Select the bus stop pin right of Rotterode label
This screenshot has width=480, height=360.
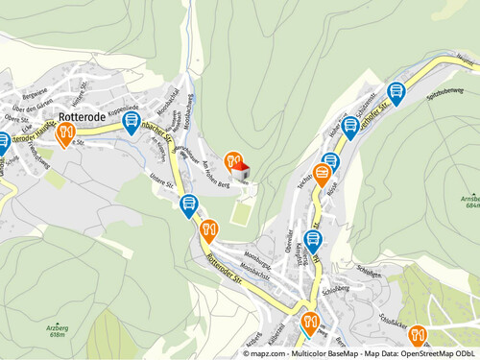click(132, 122)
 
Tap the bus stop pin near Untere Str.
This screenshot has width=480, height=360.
click(188, 204)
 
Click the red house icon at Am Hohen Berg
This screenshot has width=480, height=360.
click(242, 171)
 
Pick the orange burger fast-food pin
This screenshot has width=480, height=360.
click(322, 175)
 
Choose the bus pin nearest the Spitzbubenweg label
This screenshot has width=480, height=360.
click(396, 93)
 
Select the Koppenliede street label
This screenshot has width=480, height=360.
click(123, 108)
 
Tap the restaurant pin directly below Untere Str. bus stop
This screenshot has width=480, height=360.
click(210, 229)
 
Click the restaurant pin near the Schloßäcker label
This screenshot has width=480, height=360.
click(418, 337)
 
